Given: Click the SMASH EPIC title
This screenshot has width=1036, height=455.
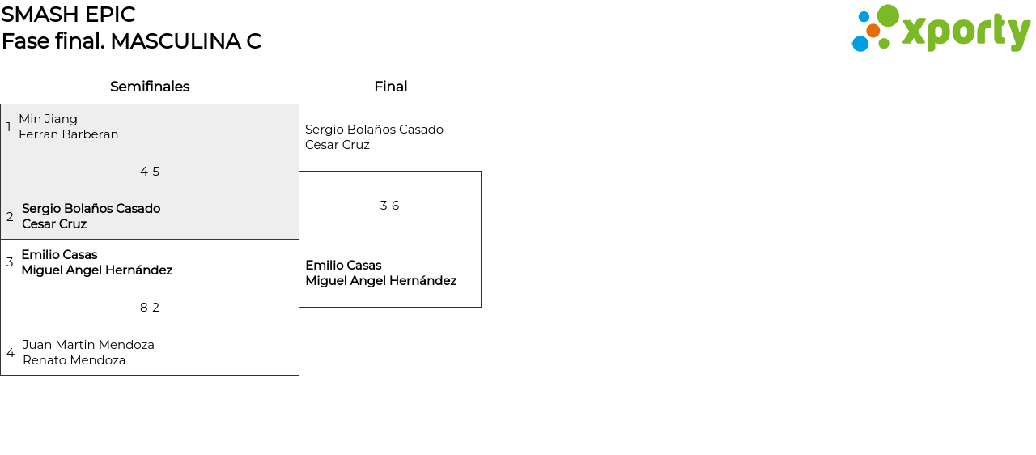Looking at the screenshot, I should pos(68,15).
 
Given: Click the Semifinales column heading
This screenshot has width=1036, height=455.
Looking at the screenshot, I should pos(150,87).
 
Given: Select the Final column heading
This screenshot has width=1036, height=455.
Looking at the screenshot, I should pos(390,87).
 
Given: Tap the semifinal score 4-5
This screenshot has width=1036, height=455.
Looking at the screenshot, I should pos(150,172).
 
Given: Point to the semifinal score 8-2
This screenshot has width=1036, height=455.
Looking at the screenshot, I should pos(150,308).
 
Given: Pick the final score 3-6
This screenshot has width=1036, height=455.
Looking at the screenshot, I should pos(389,206).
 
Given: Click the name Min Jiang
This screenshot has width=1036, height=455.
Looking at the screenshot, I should pos(49,119).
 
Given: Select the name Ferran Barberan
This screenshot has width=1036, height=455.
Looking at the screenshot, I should pos(69,134).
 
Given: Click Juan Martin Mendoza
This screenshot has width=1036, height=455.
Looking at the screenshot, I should pos(88,345).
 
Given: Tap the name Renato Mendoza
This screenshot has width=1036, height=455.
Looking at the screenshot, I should pos(74,360).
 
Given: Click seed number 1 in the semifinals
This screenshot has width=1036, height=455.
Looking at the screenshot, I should pos(9,127).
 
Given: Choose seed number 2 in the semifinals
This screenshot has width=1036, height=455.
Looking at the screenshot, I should pos(10,217).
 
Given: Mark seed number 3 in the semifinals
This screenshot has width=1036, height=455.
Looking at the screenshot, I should pos(10,262).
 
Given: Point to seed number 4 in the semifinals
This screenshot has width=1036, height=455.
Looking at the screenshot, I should pos(10,353).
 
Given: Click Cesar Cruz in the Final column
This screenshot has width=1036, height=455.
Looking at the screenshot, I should pos(338,145).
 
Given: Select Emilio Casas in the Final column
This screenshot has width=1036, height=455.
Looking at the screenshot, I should pos(343,266).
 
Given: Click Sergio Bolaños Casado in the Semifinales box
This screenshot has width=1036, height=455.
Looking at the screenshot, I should pos(91,209).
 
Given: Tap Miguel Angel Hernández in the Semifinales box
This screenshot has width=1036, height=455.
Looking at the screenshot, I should pos(97,270).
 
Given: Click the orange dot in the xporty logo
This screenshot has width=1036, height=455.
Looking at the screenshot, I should pos(873,31).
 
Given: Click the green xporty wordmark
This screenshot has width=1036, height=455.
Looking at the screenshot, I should pos(966,32).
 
